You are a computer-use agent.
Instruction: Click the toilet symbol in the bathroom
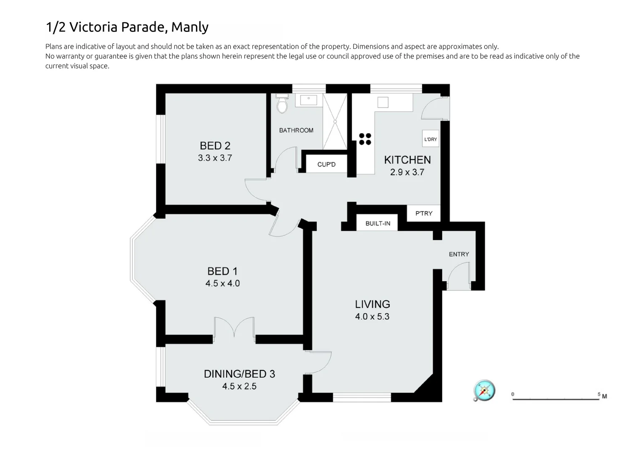coord(282,105)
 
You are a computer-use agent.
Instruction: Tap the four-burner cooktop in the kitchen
coord(365,139)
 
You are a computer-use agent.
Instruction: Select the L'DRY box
coord(431,139)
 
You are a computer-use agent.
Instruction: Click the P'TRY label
coord(424,214)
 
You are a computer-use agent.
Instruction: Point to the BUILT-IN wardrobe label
coord(378,223)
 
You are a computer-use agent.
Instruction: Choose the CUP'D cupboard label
coord(326,164)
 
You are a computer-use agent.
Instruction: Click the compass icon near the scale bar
coord(484,391)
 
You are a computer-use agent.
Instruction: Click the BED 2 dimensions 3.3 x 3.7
coord(215,158)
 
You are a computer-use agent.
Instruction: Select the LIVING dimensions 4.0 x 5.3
coord(372,317)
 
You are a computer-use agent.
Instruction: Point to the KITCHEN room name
coord(407,160)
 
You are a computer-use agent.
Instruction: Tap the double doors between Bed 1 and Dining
coord(234,328)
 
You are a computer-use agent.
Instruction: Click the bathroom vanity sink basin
coord(309,100)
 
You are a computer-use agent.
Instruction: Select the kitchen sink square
coord(383,102)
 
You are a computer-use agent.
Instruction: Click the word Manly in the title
coord(190,27)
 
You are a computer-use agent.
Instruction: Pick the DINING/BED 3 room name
coord(239,374)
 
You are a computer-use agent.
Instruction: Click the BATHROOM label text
coord(296,130)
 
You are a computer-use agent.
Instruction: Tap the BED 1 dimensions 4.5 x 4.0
coord(222,283)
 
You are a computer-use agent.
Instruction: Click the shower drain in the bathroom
coord(335,121)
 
